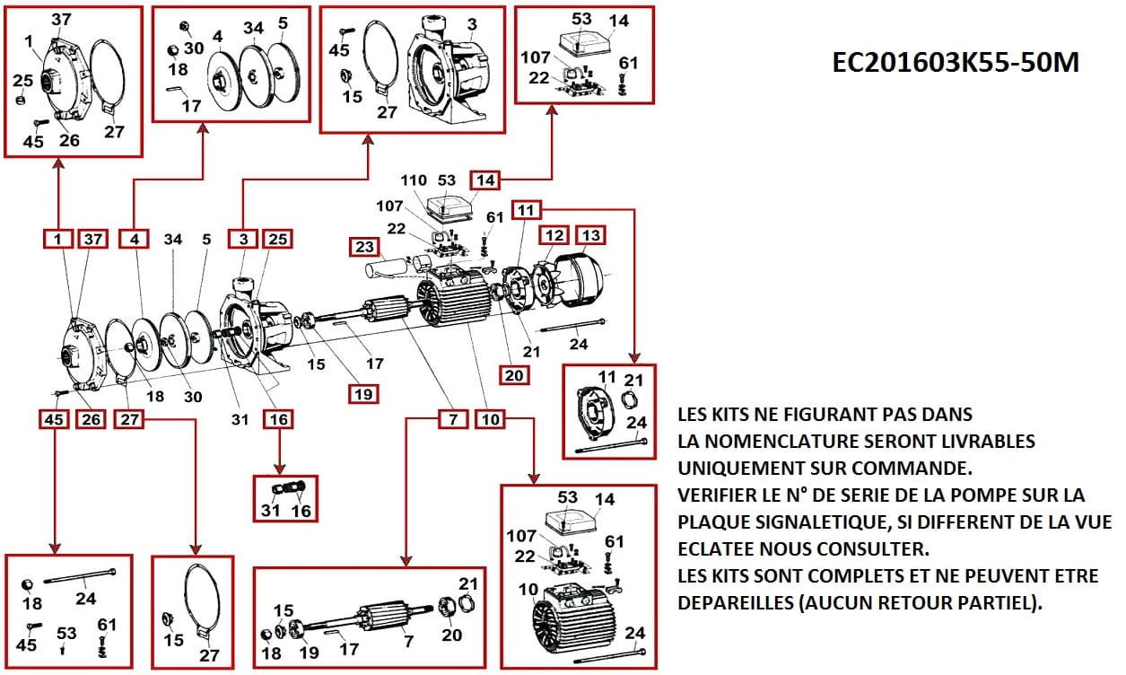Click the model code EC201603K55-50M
pyautogui.click(x=956, y=63)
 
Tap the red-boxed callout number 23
pyautogui.click(x=363, y=247)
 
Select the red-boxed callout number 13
pyautogui.click(x=589, y=236)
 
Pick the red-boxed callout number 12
pyautogui.click(x=553, y=236)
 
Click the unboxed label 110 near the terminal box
pyautogui.click(x=415, y=181)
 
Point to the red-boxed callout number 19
pyautogui.click(x=363, y=393)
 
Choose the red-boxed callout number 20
pyautogui.click(x=514, y=375)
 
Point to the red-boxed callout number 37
pyautogui.click(x=93, y=239)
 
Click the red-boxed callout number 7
pyautogui.click(x=453, y=418)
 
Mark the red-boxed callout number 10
pyautogui.click(x=489, y=418)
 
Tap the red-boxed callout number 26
pyautogui.click(x=91, y=418)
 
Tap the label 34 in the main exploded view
pyautogui.click(x=173, y=240)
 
